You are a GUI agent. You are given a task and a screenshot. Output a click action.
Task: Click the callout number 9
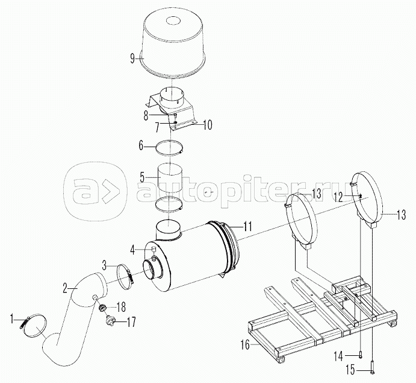(132, 59)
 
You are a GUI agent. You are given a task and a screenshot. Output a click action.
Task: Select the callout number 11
(247, 226)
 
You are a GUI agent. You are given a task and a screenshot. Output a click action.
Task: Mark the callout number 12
(339, 197)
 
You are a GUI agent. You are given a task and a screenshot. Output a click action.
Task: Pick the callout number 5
(141, 177)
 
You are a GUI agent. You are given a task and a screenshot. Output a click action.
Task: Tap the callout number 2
(65, 288)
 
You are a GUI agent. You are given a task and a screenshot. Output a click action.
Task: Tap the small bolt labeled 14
(360, 355)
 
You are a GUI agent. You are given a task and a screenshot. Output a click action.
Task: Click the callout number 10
(208, 125)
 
